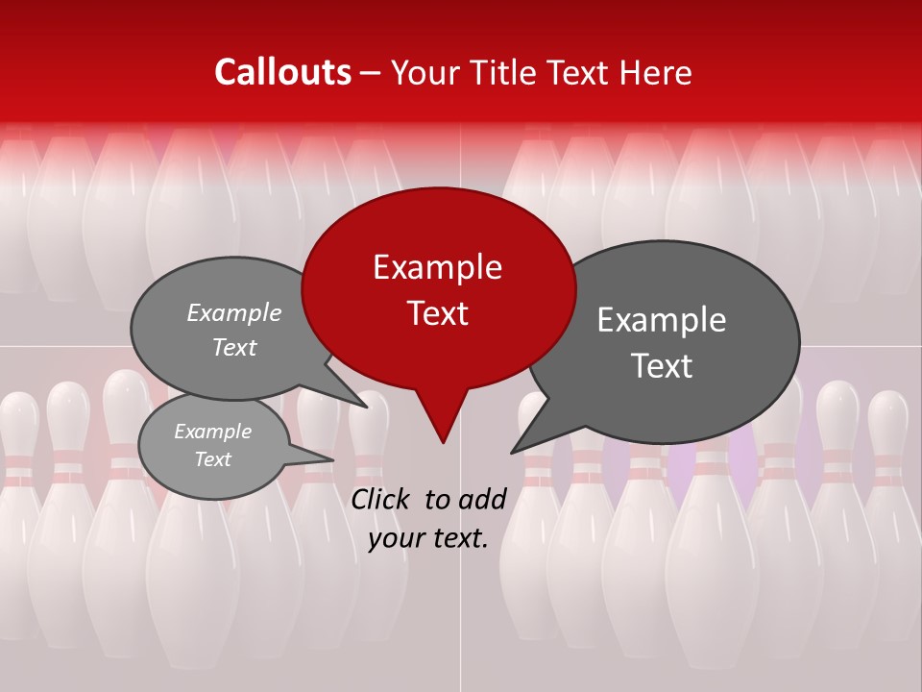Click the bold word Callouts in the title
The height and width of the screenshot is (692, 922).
(282, 72)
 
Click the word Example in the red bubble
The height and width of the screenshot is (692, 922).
(437, 267)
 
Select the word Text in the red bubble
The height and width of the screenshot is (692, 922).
(438, 313)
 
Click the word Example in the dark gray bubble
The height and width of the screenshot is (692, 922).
(662, 320)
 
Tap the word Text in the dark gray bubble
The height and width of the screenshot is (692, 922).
(663, 365)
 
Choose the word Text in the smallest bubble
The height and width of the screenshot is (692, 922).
(213, 459)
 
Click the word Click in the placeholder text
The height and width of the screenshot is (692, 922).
(381, 499)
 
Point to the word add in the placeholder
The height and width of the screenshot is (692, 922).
(482, 499)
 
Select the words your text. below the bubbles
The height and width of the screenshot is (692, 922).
(427, 538)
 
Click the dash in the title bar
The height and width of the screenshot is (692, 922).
(372, 72)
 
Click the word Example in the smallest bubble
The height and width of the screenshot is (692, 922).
(213, 432)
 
